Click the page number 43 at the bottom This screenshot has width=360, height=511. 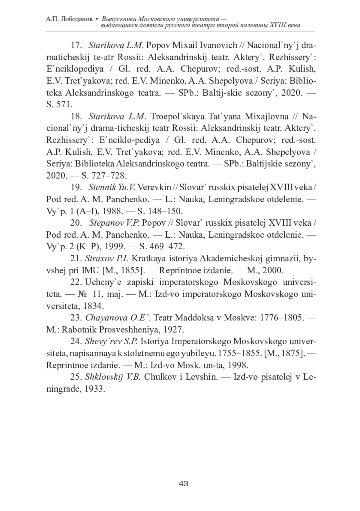(x=183, y=483)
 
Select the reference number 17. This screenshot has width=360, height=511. (x=76, y=45)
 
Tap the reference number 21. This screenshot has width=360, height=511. (x=76, y=258)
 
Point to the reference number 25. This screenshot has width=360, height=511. (x=76, y=377)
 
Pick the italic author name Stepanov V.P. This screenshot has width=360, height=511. (x=114, y=223)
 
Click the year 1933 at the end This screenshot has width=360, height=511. (x=95, y=389)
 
